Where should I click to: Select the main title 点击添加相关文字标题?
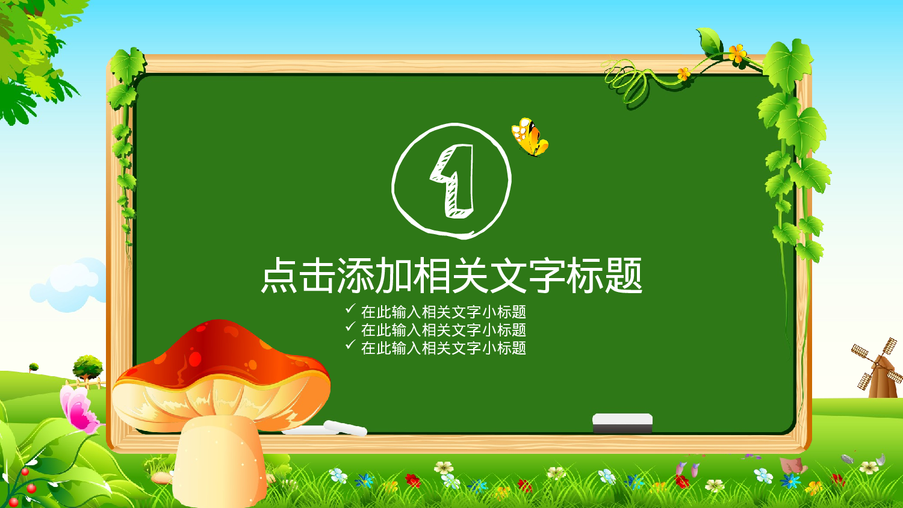tap(451, 276)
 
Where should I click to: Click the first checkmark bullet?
tap(350, 309)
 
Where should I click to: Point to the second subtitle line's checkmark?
tap(350, 327)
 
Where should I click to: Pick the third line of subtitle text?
tap(444, 348)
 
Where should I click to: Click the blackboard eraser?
tap(622, 423)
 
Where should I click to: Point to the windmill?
tap(878, 368)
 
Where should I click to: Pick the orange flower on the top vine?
tap(737, 54)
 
